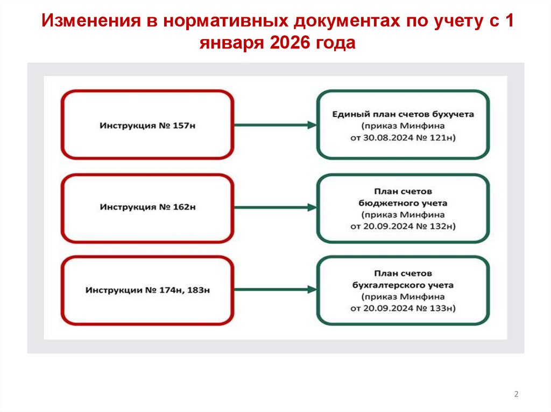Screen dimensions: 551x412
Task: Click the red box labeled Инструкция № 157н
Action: point(147,125)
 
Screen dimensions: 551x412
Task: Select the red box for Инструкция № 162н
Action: point(147,207)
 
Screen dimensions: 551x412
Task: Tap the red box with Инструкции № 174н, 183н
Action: point(147,290)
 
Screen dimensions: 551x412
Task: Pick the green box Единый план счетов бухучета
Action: point(403,125)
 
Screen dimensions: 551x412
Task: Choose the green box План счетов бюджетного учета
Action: point(403,208)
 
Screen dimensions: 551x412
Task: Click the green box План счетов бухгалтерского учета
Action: point(403,290)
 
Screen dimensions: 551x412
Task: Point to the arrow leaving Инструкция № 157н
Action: point(275,125)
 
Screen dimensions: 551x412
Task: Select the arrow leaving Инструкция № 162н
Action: point(275,207)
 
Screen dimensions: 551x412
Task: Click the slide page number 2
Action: point(516,395)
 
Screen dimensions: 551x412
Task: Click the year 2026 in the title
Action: point(284,42)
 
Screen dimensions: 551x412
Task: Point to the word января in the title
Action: point(228,43)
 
